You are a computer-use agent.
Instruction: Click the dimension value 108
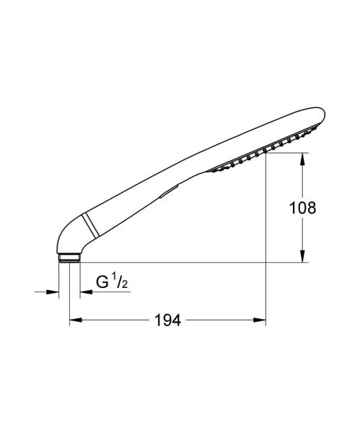[x=301, y=209]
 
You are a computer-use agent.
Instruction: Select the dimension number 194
[x=167, y=320]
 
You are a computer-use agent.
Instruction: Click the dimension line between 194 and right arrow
[x=224, y=320]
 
